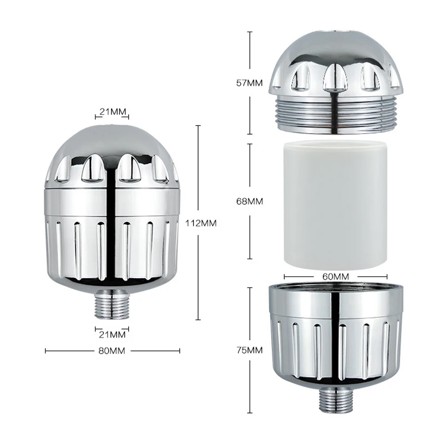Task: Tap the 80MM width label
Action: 112,350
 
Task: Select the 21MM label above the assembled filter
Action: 112,112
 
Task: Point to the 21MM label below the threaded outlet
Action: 112,334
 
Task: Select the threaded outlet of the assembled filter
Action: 112,303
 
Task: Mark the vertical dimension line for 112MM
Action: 199,167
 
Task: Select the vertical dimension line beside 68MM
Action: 249,167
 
